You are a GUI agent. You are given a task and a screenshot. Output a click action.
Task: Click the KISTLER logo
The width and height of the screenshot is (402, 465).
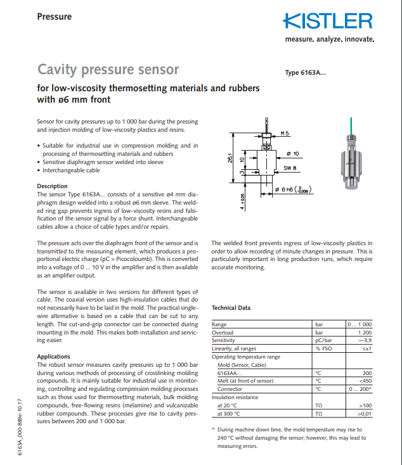click(x=328, y=21)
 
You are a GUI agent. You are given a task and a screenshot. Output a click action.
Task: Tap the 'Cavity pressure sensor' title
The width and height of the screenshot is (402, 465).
click(x=108, y=69)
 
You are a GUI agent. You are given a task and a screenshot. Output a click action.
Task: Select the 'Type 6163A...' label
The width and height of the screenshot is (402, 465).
click(x=306, y=73)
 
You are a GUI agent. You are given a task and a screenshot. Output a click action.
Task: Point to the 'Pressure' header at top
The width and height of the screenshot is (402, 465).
click(x=55, y=16)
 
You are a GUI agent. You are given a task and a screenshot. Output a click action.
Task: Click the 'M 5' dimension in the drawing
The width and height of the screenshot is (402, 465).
click(x=285, y=134)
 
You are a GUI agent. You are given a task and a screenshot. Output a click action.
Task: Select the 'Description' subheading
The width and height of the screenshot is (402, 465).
click(x=52, y=186)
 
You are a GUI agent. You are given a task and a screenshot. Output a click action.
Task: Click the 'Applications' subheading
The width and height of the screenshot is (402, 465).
click(x=54, y=357)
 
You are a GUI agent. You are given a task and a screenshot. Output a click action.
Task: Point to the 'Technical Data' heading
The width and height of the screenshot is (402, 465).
click(x=231, y=308)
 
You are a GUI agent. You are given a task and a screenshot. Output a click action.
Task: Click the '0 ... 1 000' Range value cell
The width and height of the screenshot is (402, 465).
click(x=359, y=325)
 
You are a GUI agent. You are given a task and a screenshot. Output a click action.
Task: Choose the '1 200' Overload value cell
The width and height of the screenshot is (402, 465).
click(x=365, y=333)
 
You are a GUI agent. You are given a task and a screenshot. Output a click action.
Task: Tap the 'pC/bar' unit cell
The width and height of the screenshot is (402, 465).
click(x=324, y=341)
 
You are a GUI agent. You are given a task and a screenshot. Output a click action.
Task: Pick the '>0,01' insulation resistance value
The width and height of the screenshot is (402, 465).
click(x=365, y=414)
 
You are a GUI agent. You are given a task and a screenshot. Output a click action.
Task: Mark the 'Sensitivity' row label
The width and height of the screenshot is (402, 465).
click(x=223, y=341)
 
